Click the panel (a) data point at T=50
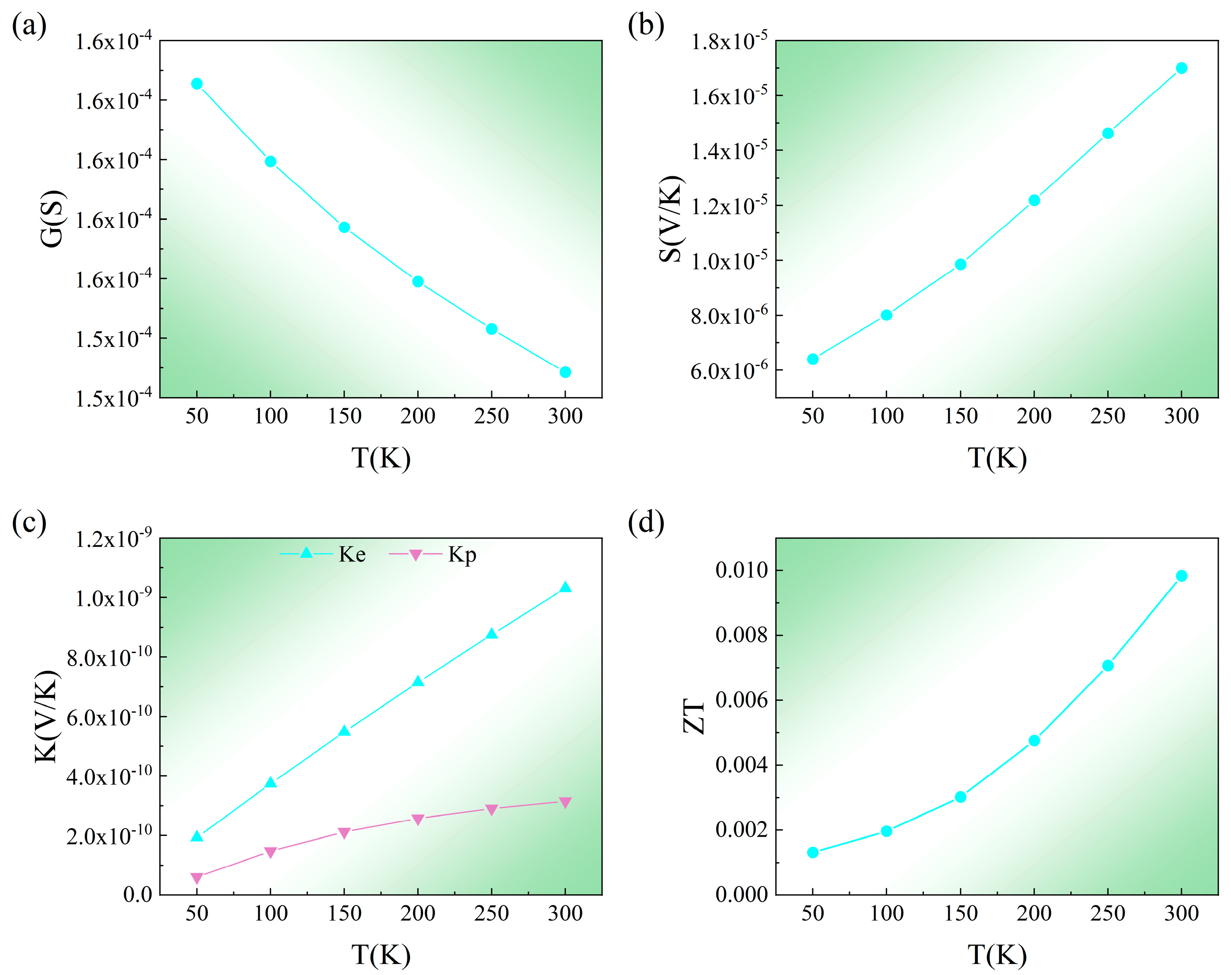coord(196,84)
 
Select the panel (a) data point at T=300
coord(565,372)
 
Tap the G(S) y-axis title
coord(52,219)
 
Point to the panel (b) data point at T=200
coord(1034,200)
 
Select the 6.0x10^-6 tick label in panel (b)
coord(728,371)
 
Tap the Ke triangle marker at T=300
coord(565,587)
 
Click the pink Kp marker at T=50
coord(196,878)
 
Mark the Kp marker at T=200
coord(418,820)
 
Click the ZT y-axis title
coord(694,717)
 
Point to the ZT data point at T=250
coord(1108,666)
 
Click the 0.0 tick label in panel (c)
coord(138,895)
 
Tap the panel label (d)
coord(646,522)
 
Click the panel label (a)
coord(29,26)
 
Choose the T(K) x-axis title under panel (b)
coord(997,458)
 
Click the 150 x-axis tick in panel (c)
coord(344,914)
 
